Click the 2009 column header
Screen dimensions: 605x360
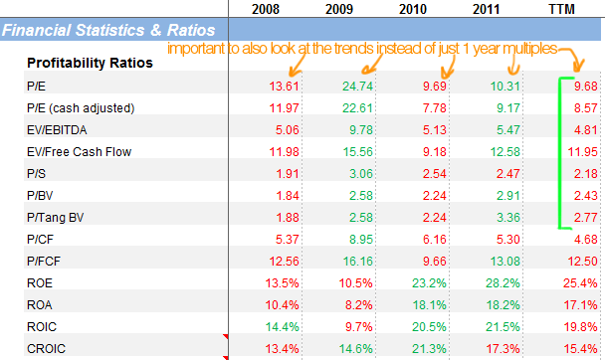339,9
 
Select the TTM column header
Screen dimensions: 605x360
562,9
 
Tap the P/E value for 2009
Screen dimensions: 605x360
357,86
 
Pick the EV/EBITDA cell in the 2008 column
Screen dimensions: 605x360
287,130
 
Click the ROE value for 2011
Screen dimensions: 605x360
503,282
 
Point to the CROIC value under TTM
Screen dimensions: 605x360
580,349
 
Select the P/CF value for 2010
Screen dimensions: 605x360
435,240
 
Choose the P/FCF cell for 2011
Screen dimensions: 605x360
505,262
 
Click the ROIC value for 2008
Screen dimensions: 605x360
282,327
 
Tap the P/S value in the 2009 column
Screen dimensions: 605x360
361,174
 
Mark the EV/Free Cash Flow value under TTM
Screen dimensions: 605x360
583,152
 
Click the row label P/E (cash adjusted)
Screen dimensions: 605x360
81,108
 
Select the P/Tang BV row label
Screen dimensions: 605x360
55,218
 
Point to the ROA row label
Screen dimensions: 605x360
40,305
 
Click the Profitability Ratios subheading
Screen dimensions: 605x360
90,63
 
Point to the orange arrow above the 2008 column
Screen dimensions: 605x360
298,65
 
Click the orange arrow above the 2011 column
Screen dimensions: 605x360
513,64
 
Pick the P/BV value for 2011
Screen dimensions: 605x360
508,196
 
